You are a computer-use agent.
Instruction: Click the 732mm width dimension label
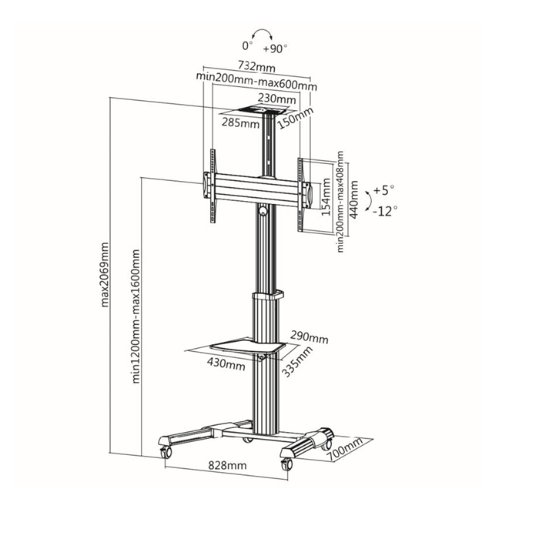[x=256, y=67]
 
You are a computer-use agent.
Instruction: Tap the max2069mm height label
[x=105, y=274]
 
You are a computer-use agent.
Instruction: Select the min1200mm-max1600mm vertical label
[x=136, y=316]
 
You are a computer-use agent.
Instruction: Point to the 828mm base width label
[x=228, y=465]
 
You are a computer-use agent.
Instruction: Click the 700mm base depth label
[x=344, y=449]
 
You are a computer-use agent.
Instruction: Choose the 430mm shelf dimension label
[x=226, y=363]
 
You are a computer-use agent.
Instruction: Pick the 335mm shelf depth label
[x=297, y=361]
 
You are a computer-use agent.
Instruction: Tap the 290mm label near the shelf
[x=310, y=337]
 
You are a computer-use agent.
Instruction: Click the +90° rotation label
[x=275, y=49]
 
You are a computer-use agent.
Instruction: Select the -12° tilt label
[x=385, y=211]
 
